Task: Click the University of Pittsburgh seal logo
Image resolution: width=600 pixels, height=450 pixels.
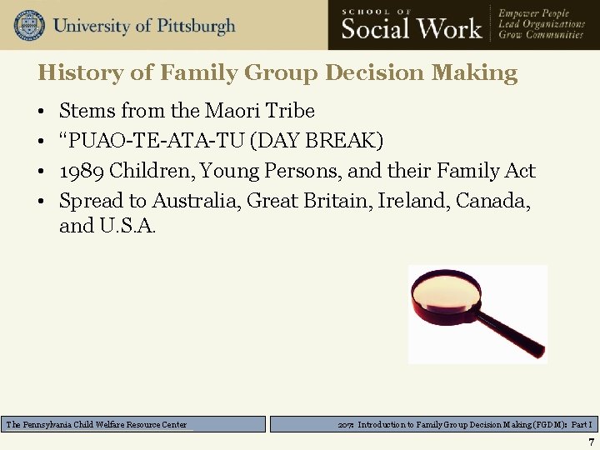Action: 29,25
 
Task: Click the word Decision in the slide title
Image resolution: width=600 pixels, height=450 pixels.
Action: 370,73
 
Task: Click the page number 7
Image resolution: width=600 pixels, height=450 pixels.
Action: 590,442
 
